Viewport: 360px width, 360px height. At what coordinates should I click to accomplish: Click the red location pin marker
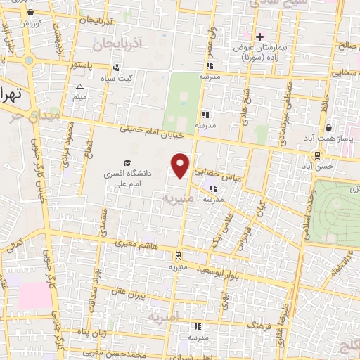pos(181,165)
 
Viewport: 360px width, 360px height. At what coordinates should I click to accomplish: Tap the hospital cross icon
pos(259,36)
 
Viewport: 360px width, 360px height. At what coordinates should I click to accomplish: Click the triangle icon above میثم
pos(79,87)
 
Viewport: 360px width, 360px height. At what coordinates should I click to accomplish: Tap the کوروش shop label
pos(31,23)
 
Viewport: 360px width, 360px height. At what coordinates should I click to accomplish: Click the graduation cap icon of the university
pos(127,162)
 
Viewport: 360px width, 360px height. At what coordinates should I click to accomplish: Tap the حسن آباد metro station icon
pos(318,155)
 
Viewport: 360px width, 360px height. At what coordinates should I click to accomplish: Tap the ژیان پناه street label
pos(92,330)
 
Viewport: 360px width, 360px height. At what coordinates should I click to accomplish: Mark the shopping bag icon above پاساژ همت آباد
pos(328,128)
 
